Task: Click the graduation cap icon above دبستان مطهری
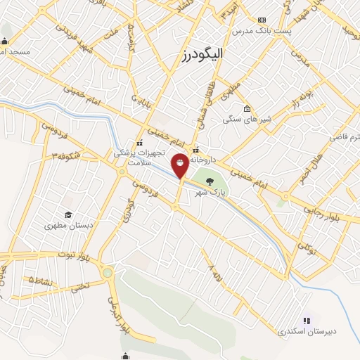(68, 215)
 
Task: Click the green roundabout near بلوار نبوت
(107, 272)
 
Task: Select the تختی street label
(80, 285)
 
